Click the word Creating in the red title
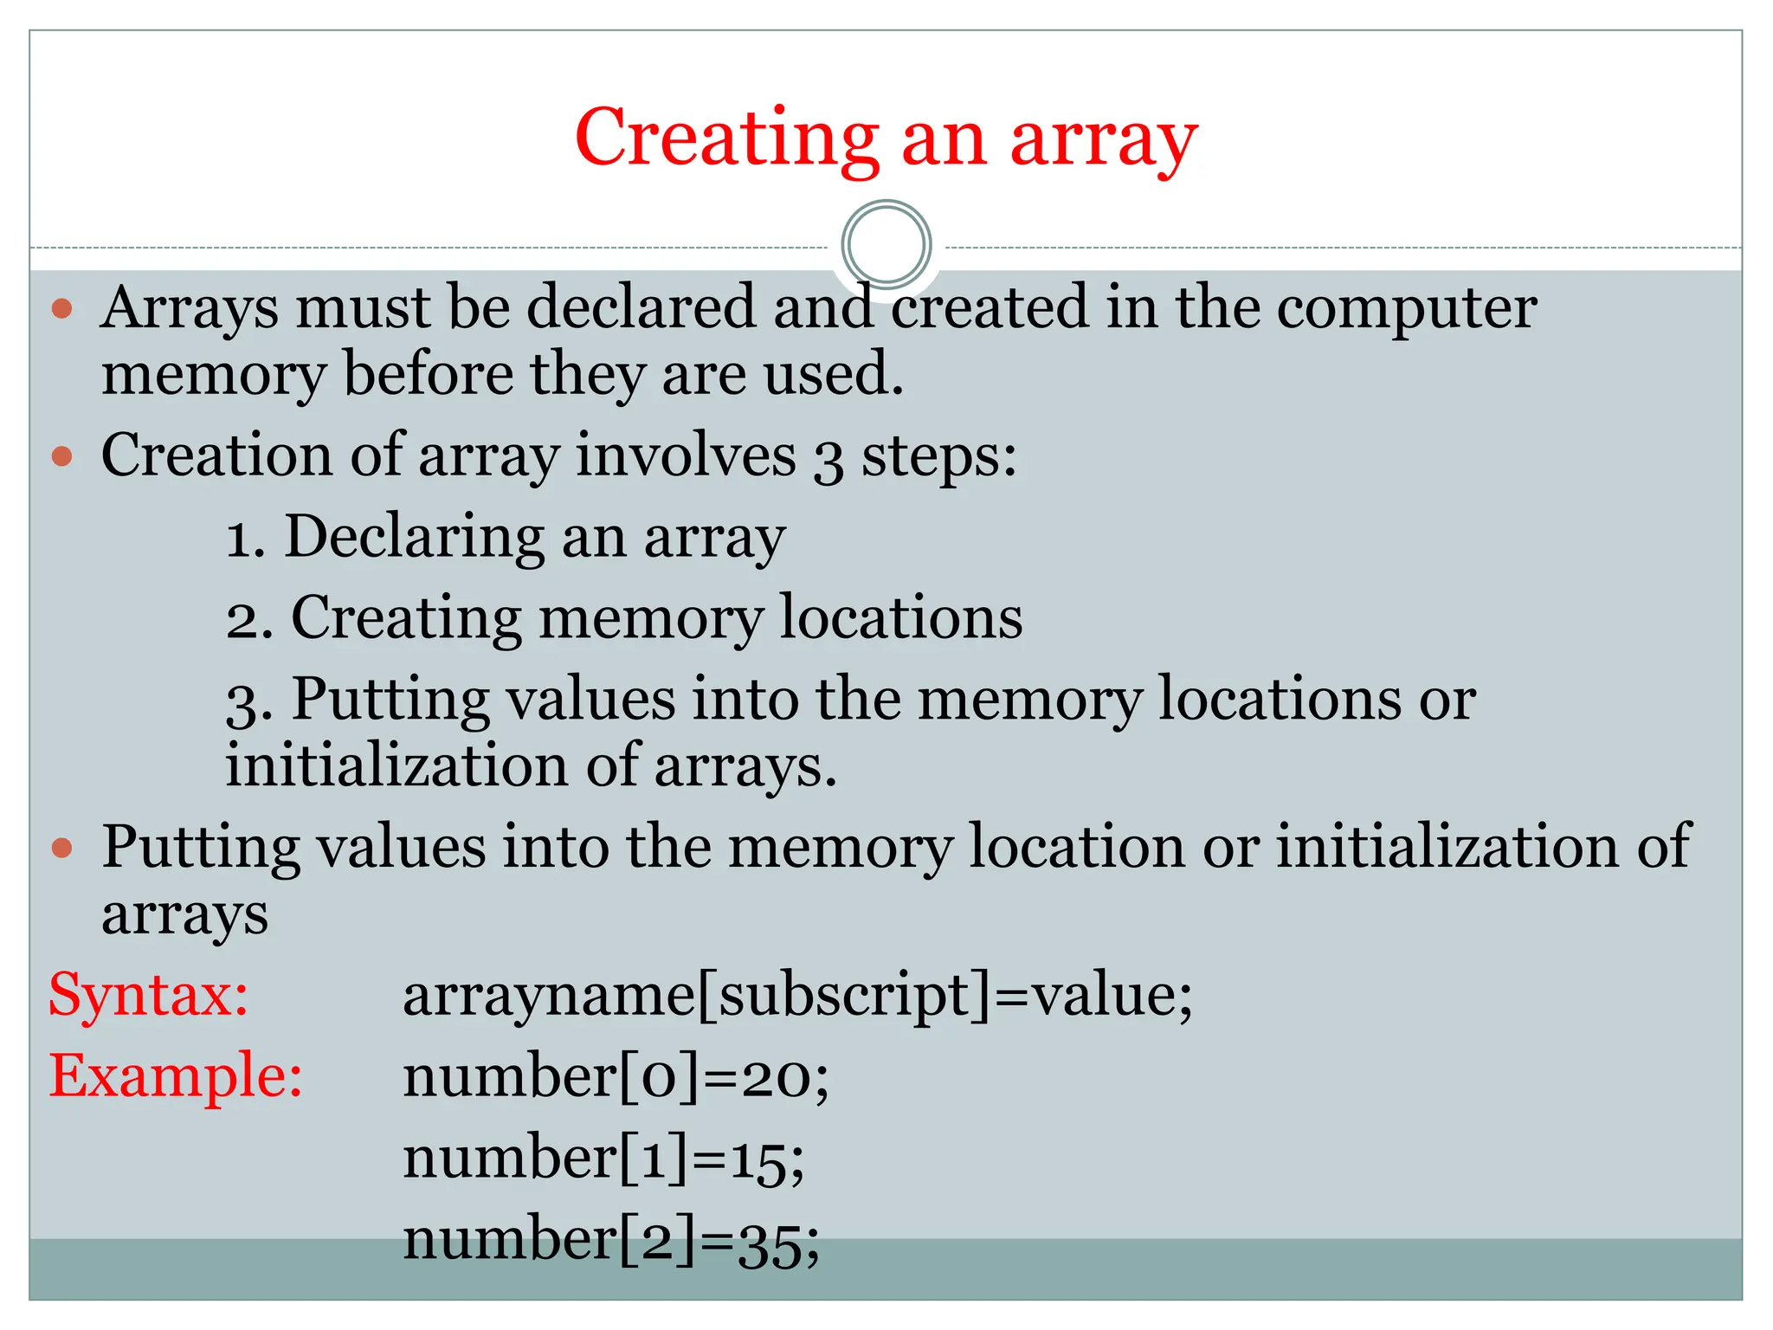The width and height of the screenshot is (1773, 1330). click(x=727, y=139)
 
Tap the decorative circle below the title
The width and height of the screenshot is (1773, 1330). click(x=886, y=245)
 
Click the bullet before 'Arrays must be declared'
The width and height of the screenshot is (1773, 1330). click(x=62, y=309)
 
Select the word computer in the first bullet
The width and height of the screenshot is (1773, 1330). click(x=1407, y=309)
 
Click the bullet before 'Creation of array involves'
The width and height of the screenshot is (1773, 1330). click(x=62, y=456)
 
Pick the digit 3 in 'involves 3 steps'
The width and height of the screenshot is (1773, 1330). click(x=828, y=459)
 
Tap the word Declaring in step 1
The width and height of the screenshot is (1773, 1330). click(x=415, y=537)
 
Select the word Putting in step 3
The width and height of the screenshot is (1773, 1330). click(x=390, y=700)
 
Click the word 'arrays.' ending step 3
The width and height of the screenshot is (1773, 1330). click(x=745, y=767)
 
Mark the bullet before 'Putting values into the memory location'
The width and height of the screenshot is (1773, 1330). click(x=62, y=848)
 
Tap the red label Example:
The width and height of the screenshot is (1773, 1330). click(x=176, y=1076)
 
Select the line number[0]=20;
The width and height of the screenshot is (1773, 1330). click(x=616, y=1078)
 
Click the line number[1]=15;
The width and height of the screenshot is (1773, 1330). click(x=603, y=1159)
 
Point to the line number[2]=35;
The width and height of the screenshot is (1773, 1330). click(x=610, y=1241)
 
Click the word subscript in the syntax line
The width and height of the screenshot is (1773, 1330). click(x=845, y=997)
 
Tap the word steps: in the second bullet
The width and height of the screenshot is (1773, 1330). click(x=938, y=456)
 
